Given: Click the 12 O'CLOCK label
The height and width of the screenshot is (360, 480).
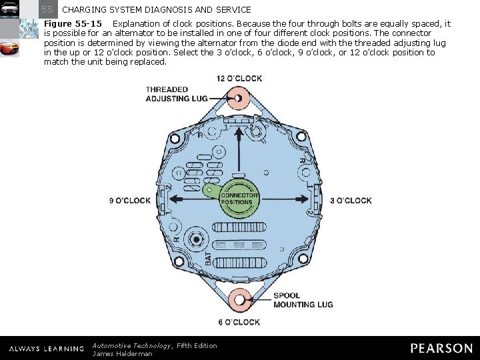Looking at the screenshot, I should coord(239,79).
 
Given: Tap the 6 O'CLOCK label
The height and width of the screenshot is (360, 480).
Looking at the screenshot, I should coord(239,323).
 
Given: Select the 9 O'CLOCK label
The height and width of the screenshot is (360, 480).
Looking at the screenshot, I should coord(130,200).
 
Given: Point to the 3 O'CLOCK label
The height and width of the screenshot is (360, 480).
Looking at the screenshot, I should coord(351,200).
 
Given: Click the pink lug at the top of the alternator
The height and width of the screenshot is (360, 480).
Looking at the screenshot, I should coord(239,100).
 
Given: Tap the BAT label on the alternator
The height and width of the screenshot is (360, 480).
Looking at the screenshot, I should coord(208,257).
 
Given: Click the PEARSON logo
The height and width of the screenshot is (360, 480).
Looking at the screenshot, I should coord(441,348).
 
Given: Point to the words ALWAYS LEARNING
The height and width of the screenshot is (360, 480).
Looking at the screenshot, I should coord(46,349).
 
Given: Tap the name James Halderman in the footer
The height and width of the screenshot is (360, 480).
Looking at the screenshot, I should coord(122,353).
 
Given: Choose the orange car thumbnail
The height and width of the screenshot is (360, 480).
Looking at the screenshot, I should coord(9,49).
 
